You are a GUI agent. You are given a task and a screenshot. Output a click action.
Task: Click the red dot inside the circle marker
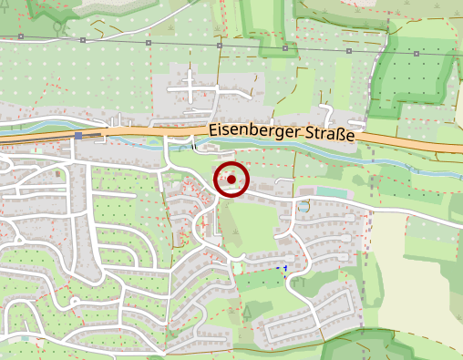coord(231,179)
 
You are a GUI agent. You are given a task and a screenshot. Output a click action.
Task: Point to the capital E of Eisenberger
coord(212,130)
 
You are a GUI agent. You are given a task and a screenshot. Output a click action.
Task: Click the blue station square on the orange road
coord(78,136)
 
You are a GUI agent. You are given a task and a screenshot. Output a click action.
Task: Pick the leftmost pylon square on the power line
coord(19,38)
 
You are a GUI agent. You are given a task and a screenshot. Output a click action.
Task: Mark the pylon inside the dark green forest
coord(416,54)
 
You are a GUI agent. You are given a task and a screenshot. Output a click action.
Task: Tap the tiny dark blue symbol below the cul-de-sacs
coord(284,267)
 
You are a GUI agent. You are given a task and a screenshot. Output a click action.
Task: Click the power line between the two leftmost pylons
coord(50,39)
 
